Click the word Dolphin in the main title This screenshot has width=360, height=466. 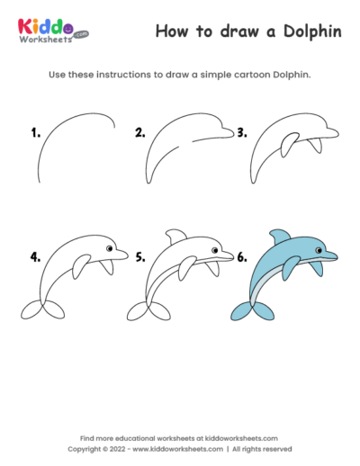[305, 31]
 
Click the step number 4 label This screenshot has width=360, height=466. [35, 255]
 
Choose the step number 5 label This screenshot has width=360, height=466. [139, 255]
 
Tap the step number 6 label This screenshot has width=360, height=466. [241, 255]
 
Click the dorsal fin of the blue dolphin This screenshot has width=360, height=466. [280, 235]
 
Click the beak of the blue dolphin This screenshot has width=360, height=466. [331, 256]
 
